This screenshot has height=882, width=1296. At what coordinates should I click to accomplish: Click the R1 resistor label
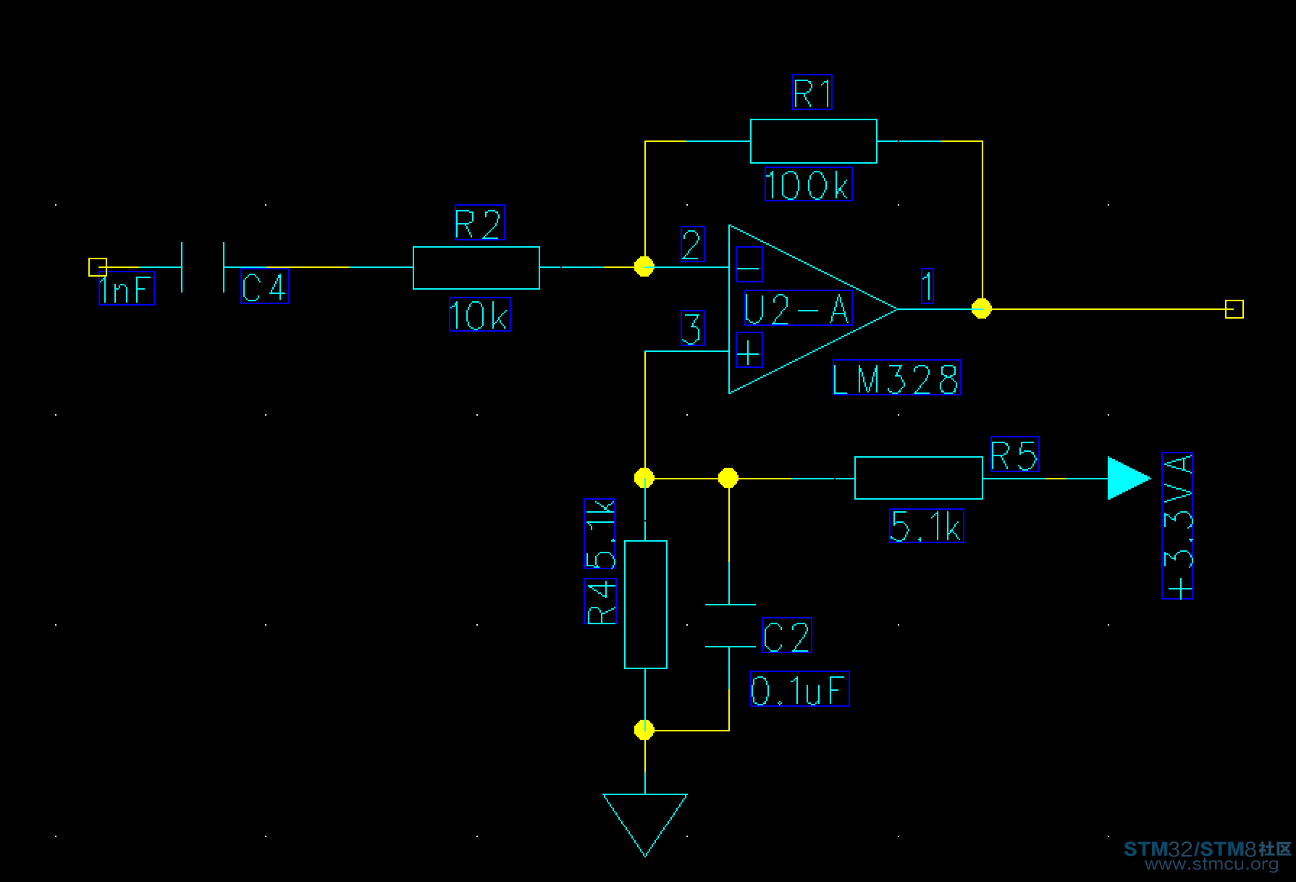[x=812, y=92]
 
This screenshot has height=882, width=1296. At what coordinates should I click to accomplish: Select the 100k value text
[x=808, y=184]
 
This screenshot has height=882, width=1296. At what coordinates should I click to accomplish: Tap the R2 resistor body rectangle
[x=476, y=268]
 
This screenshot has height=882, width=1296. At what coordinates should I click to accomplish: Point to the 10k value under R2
[x=479, y=314]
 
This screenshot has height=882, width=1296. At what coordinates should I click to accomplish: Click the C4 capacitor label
[x=265, y=286]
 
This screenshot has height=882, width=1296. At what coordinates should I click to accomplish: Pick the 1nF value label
[x=127, y=290]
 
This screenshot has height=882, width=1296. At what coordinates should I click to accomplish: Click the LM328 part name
[x=897, y=377]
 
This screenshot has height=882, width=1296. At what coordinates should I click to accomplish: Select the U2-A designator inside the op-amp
[x=797, y=308]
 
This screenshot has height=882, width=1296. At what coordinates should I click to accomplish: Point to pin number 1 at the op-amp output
[x=927, y=285]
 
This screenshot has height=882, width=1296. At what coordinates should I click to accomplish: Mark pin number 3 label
[x=693, y=328]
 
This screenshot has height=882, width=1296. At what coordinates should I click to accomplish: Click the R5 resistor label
[x=1014, y=454]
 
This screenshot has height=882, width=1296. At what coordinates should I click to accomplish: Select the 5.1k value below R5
[x=926, y=525]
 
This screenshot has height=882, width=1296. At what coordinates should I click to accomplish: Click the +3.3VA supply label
[x=1177, y=526]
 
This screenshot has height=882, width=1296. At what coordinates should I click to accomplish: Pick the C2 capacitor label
[x=787, y=635]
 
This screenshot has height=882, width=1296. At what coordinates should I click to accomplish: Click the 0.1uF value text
[x=799, y=689]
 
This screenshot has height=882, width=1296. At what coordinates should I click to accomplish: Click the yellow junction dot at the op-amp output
[x=982, y=308]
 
